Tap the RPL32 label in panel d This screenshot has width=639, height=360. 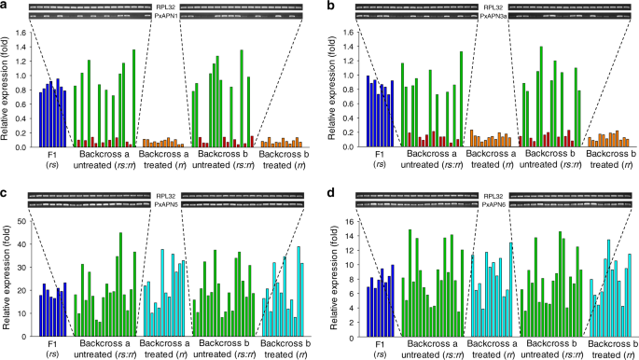click(x=479, y=192)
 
